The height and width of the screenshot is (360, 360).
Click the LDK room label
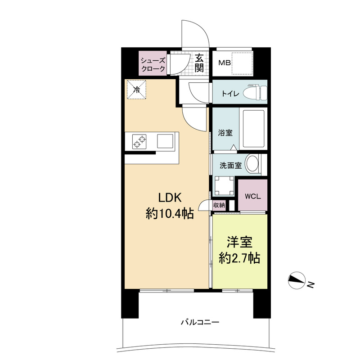point(170,198)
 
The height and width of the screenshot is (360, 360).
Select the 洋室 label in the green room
point(240,242)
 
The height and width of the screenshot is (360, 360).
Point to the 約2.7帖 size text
point(239,258)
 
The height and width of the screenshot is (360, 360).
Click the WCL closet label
point(252,197)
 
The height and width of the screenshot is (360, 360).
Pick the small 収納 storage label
point(219,205)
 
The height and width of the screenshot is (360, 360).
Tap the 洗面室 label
point(230,166)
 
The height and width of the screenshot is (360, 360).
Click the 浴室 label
point(225,133)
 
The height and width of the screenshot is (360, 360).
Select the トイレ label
point(230,94)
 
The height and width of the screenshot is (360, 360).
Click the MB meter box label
point(224,63)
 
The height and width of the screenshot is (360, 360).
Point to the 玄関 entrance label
point(199,62)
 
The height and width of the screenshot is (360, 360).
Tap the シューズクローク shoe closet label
point(153,64)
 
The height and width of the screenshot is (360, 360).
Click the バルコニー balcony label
point(200,322)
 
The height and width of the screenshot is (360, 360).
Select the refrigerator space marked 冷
point(137,90)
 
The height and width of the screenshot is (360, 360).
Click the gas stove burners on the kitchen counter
point(139,141)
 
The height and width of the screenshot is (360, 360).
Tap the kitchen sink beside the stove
point(165,141)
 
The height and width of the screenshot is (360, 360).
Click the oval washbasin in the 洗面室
point(252,163)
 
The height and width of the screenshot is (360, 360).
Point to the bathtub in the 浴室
point(253,129)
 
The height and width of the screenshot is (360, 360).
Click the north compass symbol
point(297,280)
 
